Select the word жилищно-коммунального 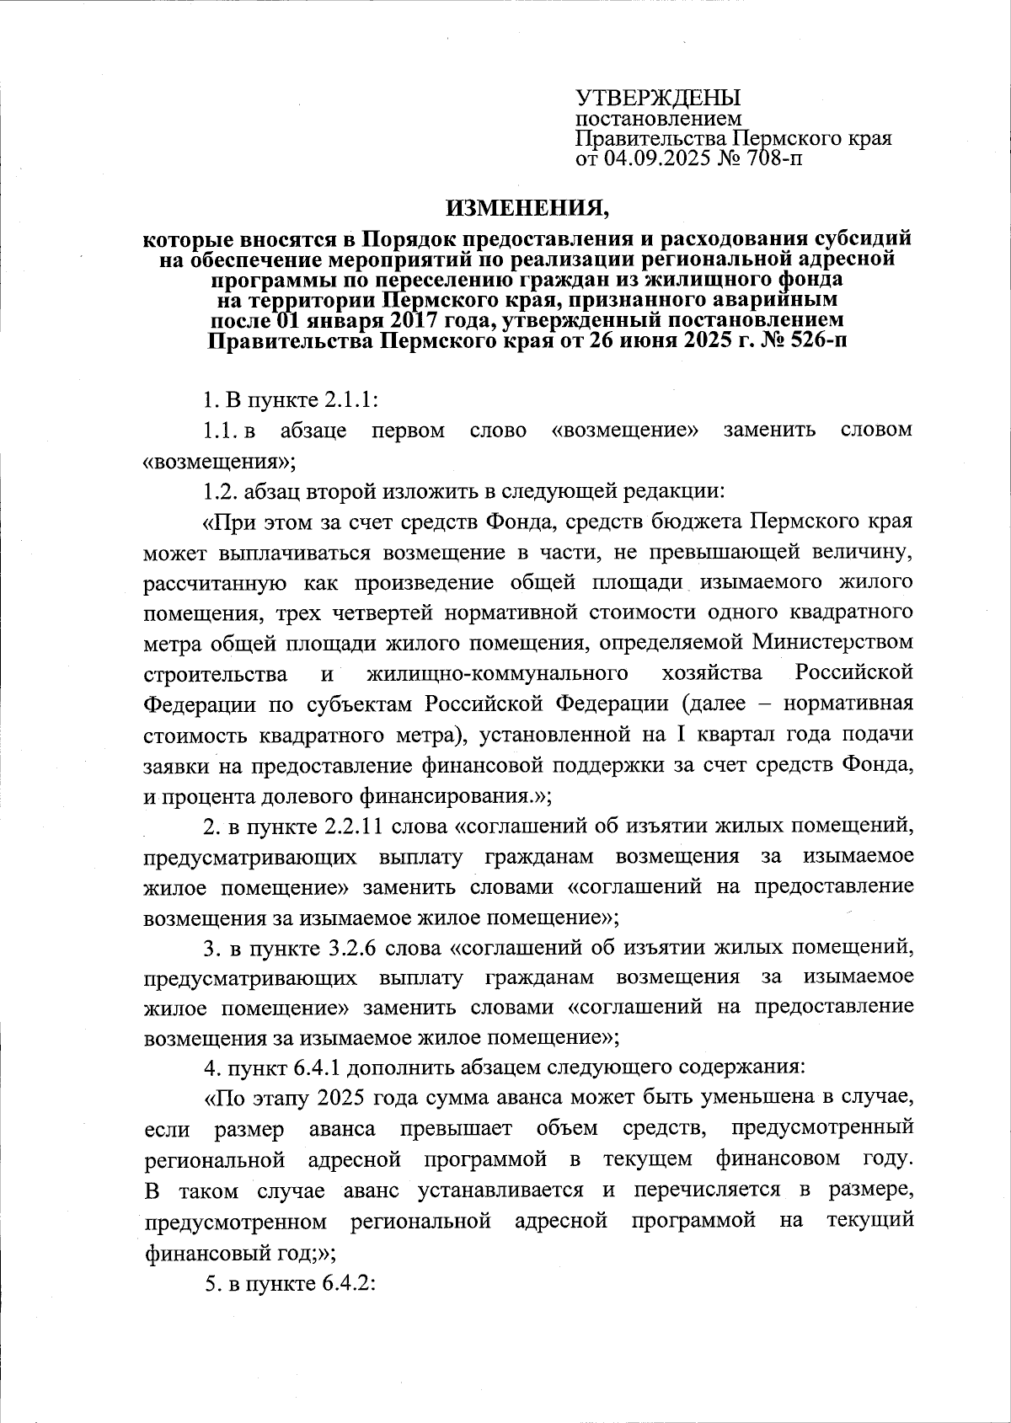tap(498, 674)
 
